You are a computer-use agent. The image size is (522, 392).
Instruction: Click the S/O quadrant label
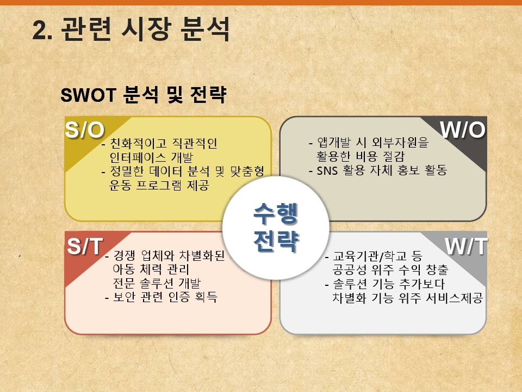click(85, 130)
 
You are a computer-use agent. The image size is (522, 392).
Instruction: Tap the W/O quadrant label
click(462, 130)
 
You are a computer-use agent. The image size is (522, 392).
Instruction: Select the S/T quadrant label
click(85, 246)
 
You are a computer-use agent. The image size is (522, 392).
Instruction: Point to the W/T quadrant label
click(466, 247)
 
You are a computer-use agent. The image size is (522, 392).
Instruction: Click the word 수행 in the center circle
click(275, 213)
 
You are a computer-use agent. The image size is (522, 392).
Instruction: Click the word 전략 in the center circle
click(276, 240)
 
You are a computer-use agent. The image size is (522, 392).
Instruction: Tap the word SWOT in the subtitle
click(88, 95)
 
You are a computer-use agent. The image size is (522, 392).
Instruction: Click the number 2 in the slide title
click(39, 30)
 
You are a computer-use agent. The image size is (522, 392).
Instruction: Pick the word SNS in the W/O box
click(327, 170)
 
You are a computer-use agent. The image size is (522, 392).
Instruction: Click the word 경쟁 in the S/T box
click(124, 255)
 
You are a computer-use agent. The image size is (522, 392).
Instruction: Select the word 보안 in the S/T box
click(124, 297)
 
